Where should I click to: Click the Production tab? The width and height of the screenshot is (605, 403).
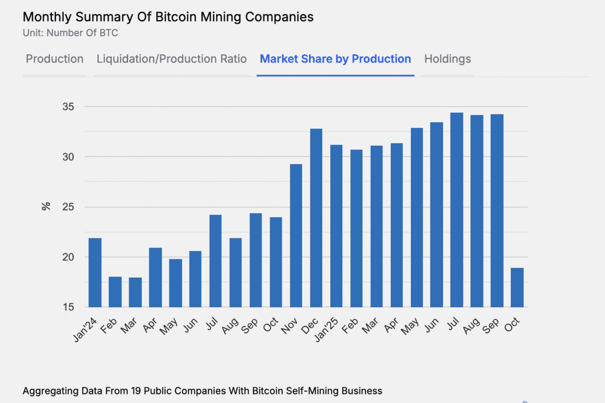coord(54,59)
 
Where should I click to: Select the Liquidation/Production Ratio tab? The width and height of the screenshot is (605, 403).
coord(171,59)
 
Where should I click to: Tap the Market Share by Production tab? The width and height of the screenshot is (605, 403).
coord(335,59)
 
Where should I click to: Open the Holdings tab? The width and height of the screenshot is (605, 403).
coord(447,59)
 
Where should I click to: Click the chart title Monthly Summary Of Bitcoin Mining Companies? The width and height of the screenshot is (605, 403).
coord(168,17)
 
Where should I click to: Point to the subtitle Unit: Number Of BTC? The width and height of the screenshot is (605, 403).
coord(71,33)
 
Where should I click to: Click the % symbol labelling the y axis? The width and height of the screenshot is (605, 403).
coord(46,206)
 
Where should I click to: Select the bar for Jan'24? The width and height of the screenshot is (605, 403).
coord(95,273)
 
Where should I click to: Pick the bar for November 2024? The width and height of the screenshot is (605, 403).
coord(296,236)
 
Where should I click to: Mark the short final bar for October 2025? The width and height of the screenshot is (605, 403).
coord(517,288)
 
